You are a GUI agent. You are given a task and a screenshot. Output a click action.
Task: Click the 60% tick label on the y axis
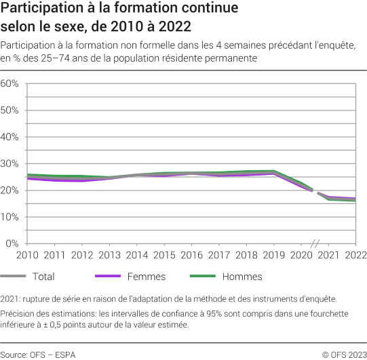coord(12,83)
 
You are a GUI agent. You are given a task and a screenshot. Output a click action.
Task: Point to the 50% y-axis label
coord(12,110)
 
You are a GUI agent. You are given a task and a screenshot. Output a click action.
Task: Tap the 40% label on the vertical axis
coord(12,137)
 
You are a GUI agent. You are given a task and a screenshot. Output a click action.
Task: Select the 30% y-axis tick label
coord(12,163)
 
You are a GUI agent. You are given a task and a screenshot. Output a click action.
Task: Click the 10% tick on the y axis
coord(12,217)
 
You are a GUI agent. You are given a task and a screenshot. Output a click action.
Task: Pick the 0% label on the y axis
coord(14,243)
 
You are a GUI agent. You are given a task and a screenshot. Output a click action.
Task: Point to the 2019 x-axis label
coord(273,255)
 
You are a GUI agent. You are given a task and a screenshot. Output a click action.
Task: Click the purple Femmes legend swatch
coord(110,277)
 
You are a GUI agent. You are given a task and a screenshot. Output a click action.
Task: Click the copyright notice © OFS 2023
coord(344,354)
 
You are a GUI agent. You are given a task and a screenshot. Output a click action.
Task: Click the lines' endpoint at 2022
coord(354,200)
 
